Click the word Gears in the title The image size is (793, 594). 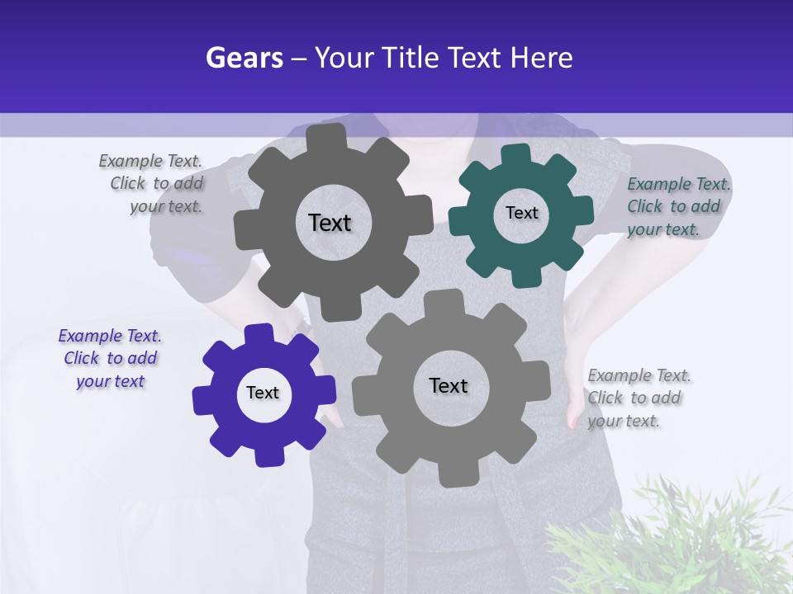[x=245, y=59]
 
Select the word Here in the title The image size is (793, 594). [x=541, y=59]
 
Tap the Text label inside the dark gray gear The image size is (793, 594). [x=330, y=223]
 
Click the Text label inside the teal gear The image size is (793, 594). [x=521, y=213]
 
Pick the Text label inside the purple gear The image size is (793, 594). [x=263, y=393]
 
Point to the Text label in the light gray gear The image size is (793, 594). [x=449, y=385]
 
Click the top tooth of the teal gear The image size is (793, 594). [x=515, y=154]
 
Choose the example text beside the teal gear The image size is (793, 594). [x=677, y=206]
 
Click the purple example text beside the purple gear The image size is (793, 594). [x=110, y=358]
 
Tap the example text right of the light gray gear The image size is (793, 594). [x=638, y=398]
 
